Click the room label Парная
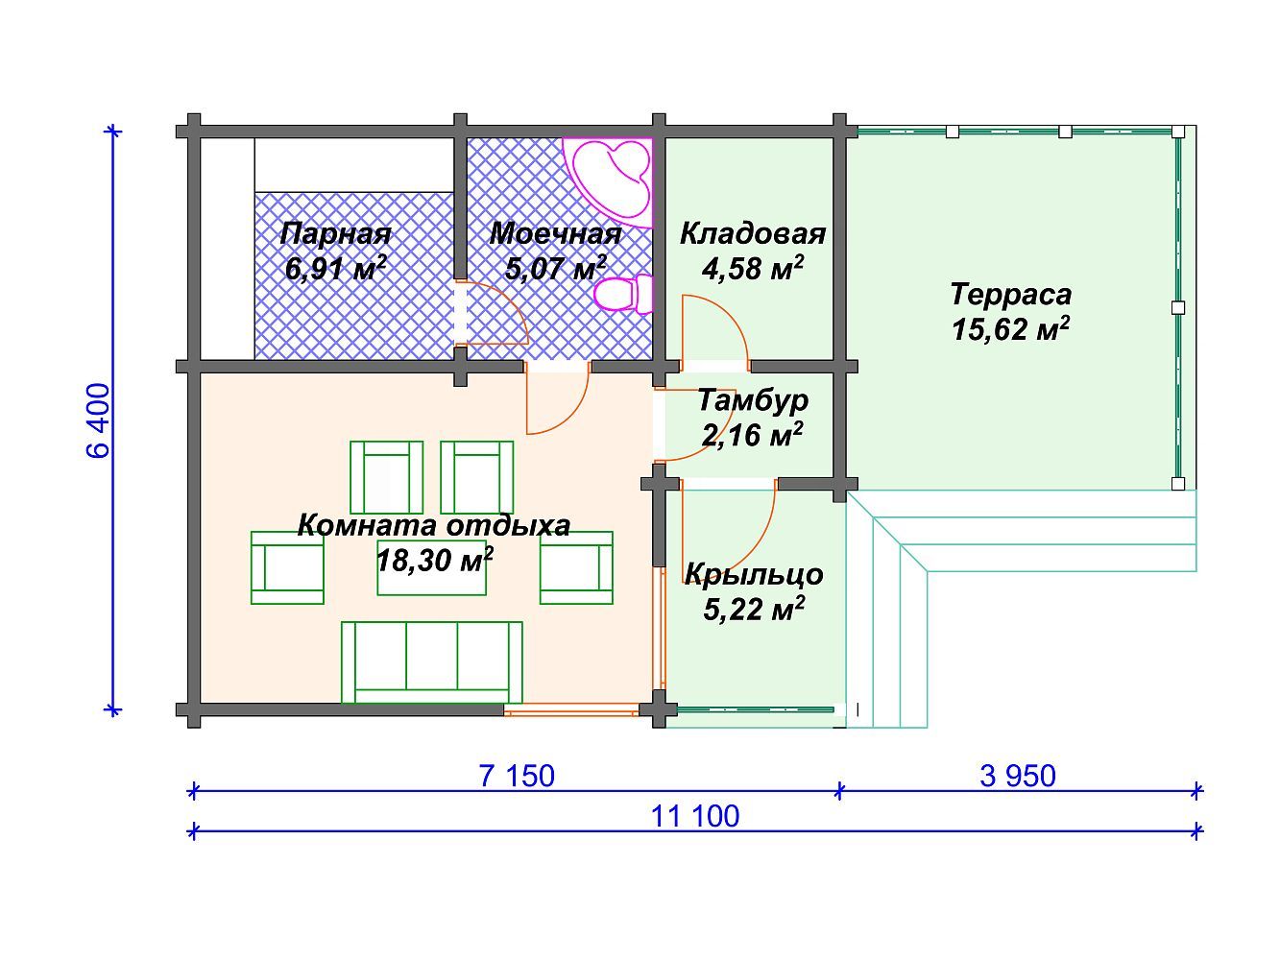click(335, 234)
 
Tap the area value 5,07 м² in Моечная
click(555, 268)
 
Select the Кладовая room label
click(753, 234)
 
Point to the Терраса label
click(1010, 295)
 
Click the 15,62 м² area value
click(1010, 328)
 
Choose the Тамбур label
click(753, 401)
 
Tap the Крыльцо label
click(754, 574)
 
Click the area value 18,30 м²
click(435, 560)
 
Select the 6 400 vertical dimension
click(98, 420)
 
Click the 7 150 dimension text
click(517, 777)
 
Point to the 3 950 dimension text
click(1018, 777)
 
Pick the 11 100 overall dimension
click(694, 816)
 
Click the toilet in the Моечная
click(623, 293)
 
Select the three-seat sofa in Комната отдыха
click(431, 662)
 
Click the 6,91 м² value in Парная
click(335, 268)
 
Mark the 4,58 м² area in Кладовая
click(753, 268)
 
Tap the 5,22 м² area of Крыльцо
click(754, 609)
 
